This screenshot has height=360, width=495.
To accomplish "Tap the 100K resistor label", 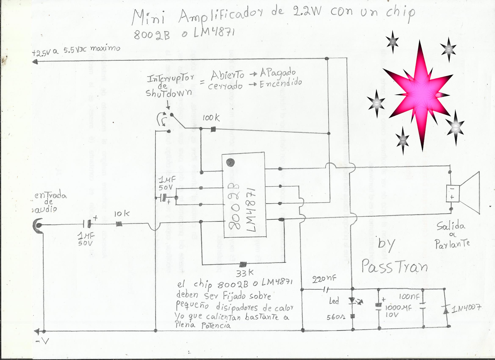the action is tap(211, 118).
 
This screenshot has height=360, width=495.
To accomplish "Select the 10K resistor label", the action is tap(122, 214).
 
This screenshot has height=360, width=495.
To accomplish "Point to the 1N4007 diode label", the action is tap(466, 308).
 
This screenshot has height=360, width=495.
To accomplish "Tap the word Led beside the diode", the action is tap(334, 301).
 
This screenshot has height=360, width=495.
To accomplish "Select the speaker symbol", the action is tap(464, 193).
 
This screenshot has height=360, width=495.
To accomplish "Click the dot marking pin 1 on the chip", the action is tap(230, 162).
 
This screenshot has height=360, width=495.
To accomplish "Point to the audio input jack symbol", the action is tap(38, 225).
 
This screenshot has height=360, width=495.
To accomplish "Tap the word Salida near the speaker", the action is tap(451, 226).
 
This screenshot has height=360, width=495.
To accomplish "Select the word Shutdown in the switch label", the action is tap(169, 93).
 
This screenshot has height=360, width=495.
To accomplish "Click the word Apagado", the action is tap(278, 73).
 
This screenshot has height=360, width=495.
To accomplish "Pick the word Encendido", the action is tap(281, 83).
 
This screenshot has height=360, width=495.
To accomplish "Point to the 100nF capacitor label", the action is tap(409, 297).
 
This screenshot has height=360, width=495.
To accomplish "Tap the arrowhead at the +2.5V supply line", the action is tap(35, 62).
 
